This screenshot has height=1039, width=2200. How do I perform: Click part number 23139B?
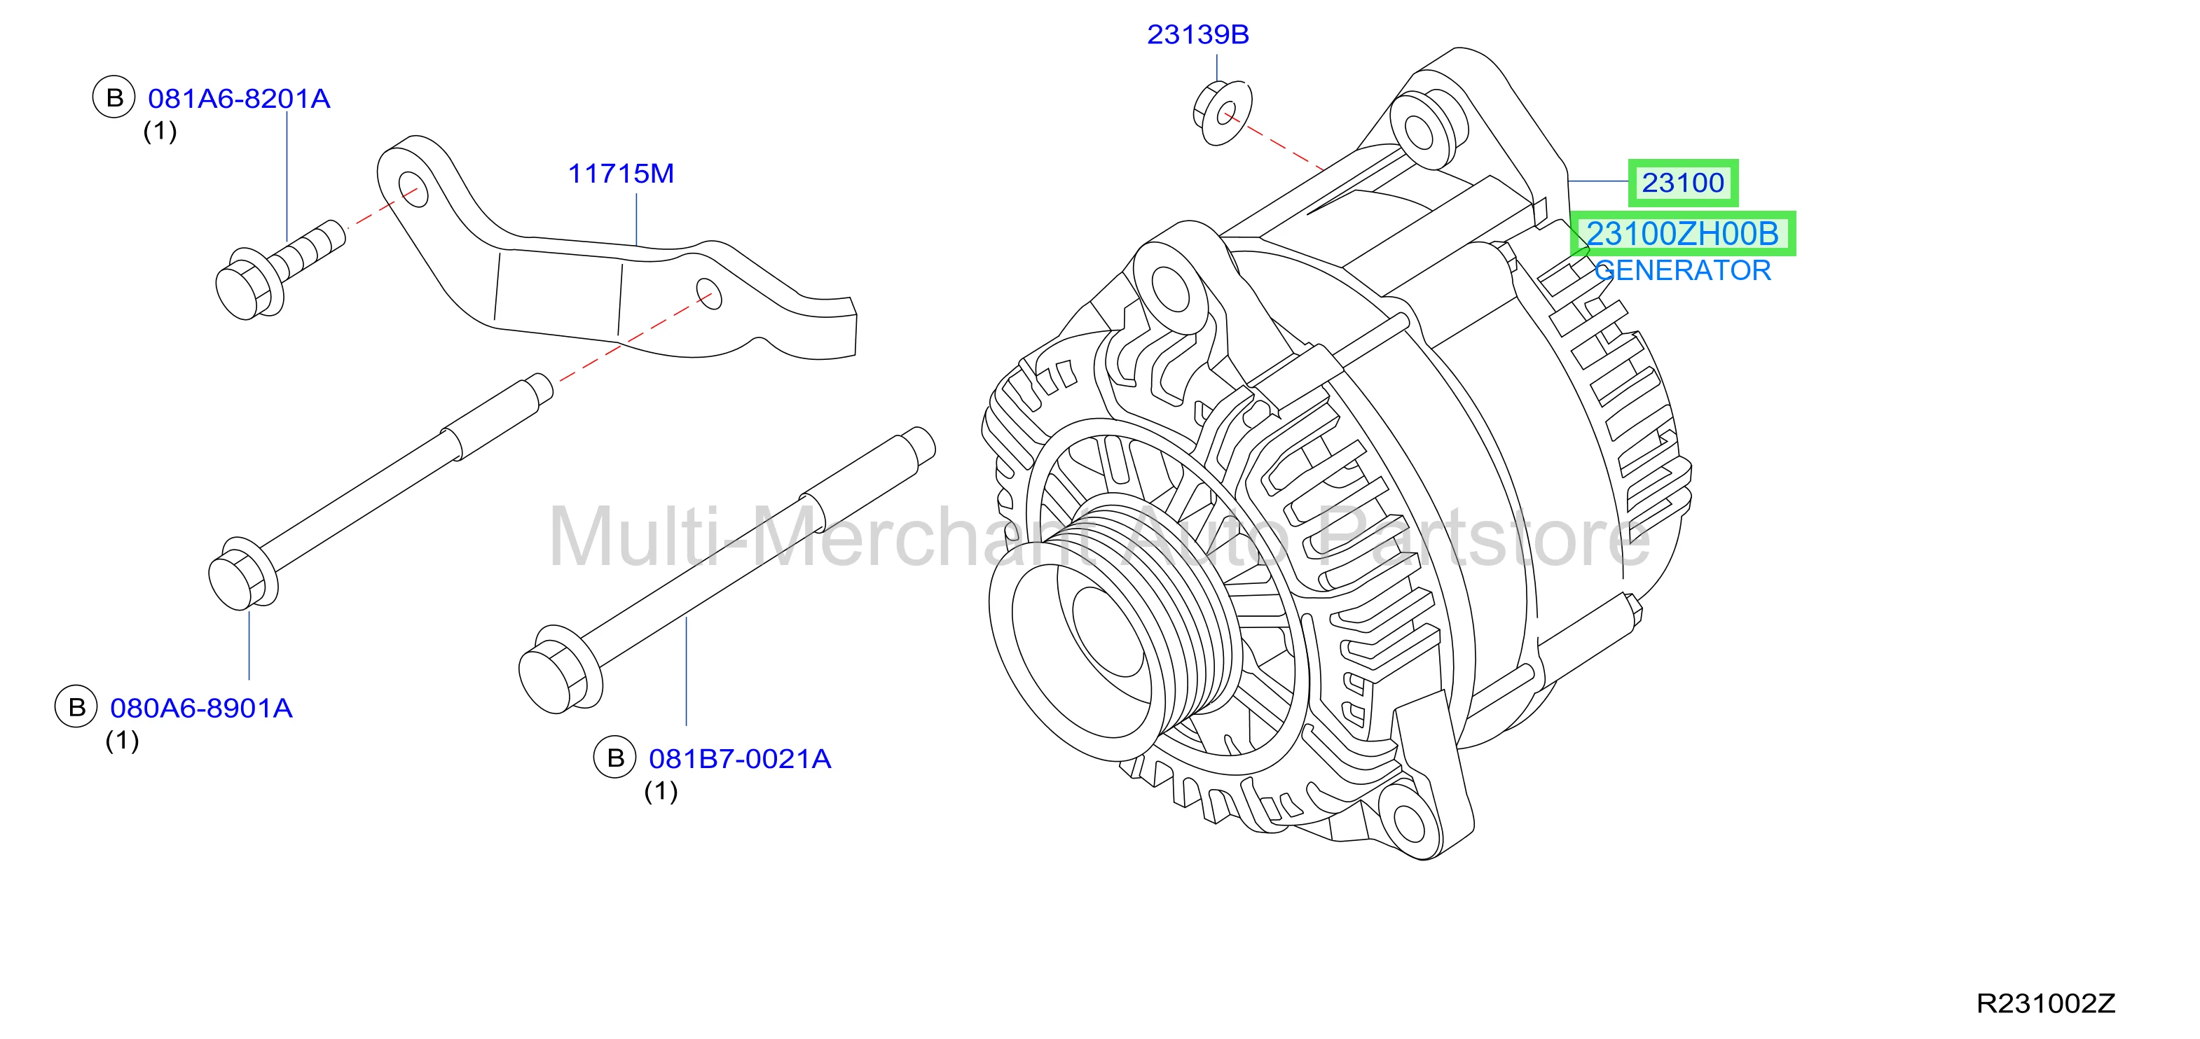coord(1197,34)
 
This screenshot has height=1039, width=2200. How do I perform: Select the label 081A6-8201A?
coord(239,98)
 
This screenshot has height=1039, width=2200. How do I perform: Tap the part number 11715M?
coord(621,174)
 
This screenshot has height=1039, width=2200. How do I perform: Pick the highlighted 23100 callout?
coord(1682,183)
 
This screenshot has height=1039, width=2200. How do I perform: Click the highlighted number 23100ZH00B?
coord(1682,233)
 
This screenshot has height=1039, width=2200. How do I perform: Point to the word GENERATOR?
coord(1682,271)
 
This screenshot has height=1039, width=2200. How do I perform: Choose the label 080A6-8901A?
coord(202,708)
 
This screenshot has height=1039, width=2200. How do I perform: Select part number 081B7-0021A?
coord(740,758)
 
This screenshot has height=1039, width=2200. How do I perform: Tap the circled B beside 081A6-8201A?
coord(114,97)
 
